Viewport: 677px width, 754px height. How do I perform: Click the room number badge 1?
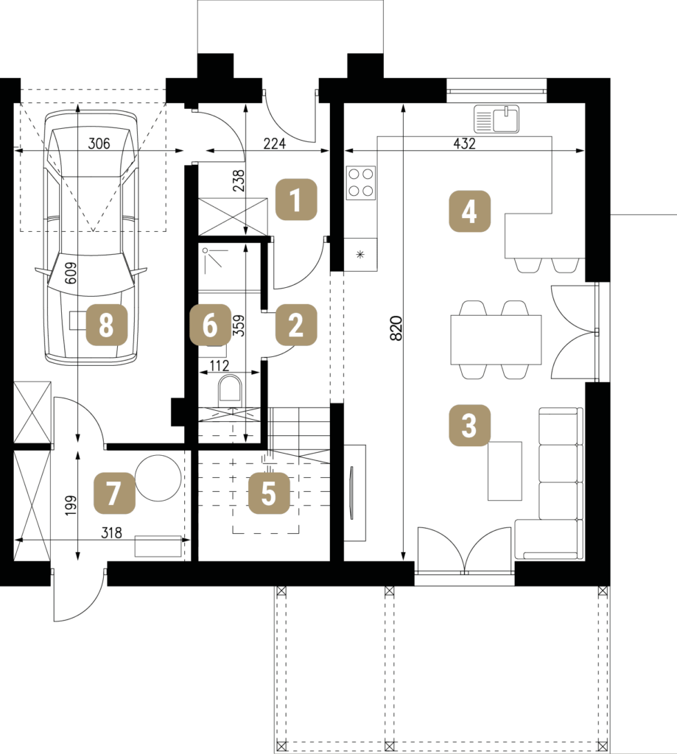(x=296, y=200)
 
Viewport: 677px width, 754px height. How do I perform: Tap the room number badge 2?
(x=296, y=325)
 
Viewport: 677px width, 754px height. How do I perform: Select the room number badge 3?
(x=469, y=425)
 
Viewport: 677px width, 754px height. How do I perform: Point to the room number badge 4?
(x=469, y=211)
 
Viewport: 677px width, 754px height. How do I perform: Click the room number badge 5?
(x=269, y=493)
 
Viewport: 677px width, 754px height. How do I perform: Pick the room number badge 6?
(x=210, y=325)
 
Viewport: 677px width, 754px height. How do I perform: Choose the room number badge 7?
(x=114, y=493)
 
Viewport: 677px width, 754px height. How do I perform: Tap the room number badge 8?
(x=106, y=325)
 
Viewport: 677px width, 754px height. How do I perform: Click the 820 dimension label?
(x=396, y=328)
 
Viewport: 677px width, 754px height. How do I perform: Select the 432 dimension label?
(x=464, y=144)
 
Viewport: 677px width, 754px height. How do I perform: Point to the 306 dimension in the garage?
(x=99, y=144)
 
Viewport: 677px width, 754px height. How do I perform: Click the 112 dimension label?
(x=220, y=366)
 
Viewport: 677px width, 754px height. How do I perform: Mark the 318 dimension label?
(x=111, y=533)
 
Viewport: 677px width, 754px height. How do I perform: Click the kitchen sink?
(x=497, y=119)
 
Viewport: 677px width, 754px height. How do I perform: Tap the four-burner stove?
(x=361, y=183)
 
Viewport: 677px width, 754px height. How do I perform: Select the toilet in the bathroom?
(x=231, y=389)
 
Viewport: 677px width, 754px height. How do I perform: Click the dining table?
(x=496, y=339)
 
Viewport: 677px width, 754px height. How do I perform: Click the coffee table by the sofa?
(x=505, y=471)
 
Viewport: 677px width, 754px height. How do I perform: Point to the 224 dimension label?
(x=275, y=144)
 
